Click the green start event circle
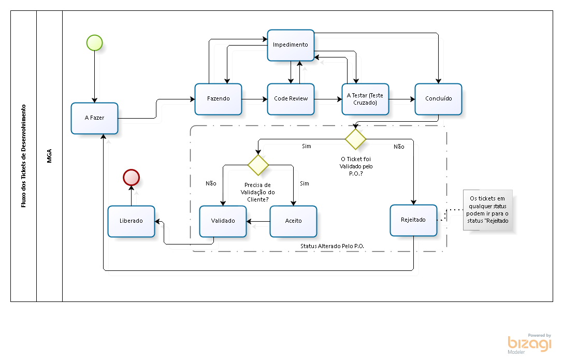94,42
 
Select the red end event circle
131,178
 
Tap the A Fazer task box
94,118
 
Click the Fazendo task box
218,98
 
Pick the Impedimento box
290,45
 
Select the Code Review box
291,98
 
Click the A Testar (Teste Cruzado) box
365,99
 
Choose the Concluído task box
438,98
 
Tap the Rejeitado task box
413,220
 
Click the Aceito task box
293,221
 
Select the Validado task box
223,221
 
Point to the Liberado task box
131,221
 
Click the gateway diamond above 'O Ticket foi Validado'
356,139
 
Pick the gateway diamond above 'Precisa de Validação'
258,165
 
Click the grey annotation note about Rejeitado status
488,209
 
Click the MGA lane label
49,156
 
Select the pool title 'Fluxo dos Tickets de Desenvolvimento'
23,156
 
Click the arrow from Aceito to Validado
258,222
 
